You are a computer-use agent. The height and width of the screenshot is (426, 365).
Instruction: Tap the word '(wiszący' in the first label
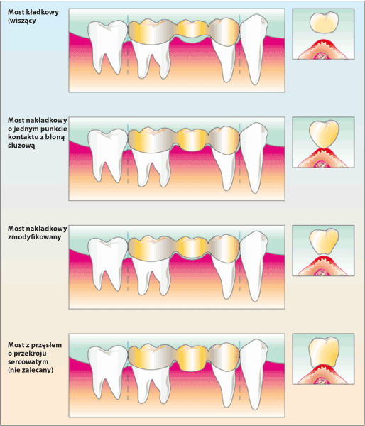pos(22,21)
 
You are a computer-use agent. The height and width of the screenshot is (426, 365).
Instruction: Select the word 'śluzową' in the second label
pos(21,146)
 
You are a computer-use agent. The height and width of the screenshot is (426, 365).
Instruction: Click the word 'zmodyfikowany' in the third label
pos(35,237)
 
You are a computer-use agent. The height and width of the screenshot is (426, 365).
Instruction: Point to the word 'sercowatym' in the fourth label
pos(28,361)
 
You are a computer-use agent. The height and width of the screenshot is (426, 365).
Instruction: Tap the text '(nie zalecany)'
pos(31,370)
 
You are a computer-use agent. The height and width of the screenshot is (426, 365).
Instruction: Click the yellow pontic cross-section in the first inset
pos(324,23)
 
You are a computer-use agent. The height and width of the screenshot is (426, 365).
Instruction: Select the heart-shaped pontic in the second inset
pos(324,134)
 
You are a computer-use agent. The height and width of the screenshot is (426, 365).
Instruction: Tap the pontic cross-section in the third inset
pos(324,242)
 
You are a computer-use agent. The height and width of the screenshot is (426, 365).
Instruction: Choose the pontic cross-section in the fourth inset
pos(324,352)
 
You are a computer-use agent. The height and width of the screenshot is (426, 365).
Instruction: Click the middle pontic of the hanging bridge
pos(192,28)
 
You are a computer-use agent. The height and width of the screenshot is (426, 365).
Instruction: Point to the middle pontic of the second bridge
pos(192,140)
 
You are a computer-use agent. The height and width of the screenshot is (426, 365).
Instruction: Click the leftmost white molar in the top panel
pos(107,47)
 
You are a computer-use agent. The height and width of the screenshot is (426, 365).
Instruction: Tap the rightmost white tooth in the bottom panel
pos(254,373)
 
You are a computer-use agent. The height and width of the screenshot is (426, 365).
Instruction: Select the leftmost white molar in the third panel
pos(107,263)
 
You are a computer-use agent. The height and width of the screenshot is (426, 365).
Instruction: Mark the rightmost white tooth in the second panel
pos(254,157)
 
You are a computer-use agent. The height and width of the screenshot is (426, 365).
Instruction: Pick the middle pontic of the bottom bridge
pos(192,358)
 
